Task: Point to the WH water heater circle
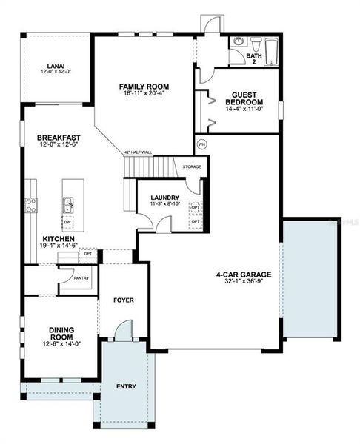tap(201, 144)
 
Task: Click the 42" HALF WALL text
tap(138, 152)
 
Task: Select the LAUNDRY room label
tap(165, 197)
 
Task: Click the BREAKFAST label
tap(59, 138)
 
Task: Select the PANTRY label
tap(82, 277)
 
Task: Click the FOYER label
tap(122, 300)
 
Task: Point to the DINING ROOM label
tap(61, 334)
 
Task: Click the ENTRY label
tap(125, 386)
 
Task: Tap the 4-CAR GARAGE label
tap(244, 275)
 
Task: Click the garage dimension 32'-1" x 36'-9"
tap(244, 282)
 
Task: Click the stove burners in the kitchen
tap(31, 204)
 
